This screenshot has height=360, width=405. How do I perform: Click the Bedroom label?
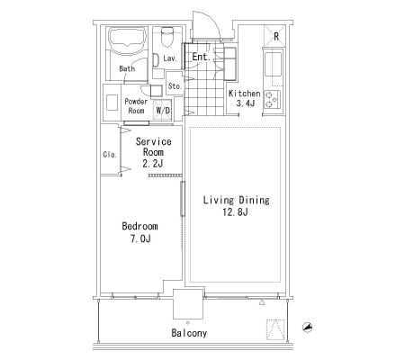click(x=139, y=226)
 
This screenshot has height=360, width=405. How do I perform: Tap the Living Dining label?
click(x=237, y=200)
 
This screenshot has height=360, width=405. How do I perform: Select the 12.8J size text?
click(x=235, y=212)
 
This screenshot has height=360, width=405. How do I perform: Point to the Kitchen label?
click(x=244, y=94)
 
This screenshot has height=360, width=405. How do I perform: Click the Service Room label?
click(x=153, y=147)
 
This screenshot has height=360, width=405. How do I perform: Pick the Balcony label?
click(x=189, y=333)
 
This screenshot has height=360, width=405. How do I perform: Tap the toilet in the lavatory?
click(x=167, y=37)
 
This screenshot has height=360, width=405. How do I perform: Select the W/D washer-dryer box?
click(x=163, y=110)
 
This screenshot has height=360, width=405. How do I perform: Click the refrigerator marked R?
click(x=274, y=36)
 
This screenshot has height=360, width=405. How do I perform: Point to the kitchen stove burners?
click(x=272, y=100)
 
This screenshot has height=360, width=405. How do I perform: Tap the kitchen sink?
click(x=273, y=64)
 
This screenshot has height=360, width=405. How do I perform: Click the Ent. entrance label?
click(x=201, y=57)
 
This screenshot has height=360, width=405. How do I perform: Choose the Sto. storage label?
click(x=175, y=86)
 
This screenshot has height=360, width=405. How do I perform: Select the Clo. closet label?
click(x=110, y=155)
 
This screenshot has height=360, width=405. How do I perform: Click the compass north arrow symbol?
click(x=308, y=328)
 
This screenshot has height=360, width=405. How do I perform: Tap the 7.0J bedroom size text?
click(x=140, y=238)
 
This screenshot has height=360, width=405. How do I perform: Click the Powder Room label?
click(x=136, y=106)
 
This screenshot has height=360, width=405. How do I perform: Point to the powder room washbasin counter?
click(x=112, y=103)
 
